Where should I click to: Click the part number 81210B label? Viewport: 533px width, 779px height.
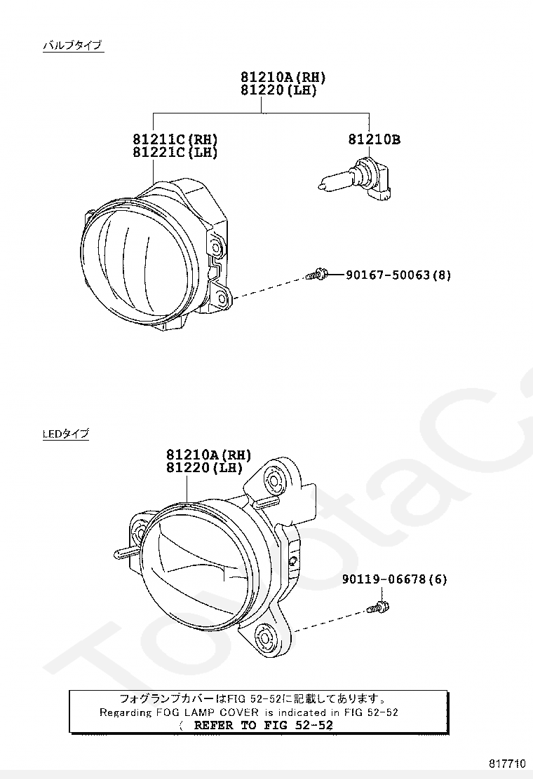point(374,139)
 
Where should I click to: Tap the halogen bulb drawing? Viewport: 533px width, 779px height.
point(353,179)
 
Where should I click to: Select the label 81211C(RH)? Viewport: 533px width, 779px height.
point(175,139)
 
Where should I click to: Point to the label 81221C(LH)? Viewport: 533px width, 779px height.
point(175,153)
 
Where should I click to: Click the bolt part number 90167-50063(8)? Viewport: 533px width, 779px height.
point(398,275)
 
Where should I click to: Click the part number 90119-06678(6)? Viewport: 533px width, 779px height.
point(394,579)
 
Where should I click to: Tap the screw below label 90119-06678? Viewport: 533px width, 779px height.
point(379,607)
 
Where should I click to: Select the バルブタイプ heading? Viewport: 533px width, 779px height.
point(73,46)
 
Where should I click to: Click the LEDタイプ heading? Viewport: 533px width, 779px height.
point(66,433)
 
